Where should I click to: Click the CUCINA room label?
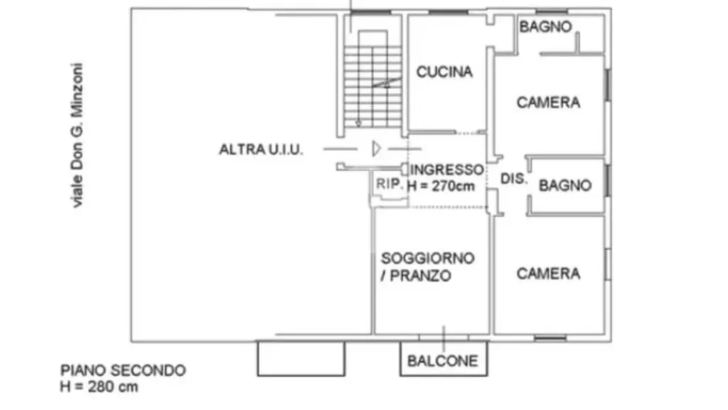(x=444, y=72)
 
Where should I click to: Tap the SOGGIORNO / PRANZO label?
(x=427, y=267)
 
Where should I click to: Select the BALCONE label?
(x=442, y=361)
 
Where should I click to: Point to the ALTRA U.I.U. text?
(x=261, y=149)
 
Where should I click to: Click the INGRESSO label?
(x=447, y=169)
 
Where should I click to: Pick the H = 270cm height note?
(x=441, y=186)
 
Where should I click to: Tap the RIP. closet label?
(x=389, y=184)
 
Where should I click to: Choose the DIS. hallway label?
(x=513, y=179)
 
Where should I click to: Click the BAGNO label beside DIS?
(x=565, y=186)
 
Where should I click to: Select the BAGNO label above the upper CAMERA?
(x=545, y=26)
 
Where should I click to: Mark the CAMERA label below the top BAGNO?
(x=548, y=102)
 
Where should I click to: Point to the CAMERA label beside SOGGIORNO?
(x=548, y=273)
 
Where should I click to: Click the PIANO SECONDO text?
(x=123, y=370)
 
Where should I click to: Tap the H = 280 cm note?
(x=99, y=387)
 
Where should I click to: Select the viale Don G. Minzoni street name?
(x=77, y=135)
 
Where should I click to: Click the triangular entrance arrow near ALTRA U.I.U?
(x=376, y=149)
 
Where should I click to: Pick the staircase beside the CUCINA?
(x=373, y=80)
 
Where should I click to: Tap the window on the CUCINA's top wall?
(x=448, y=12)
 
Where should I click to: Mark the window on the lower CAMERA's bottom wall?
(x=550, y=338)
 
